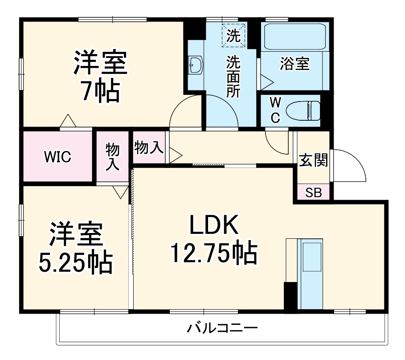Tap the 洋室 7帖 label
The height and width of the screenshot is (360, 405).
(x=100, y=76)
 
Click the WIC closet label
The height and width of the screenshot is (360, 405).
(x=57, y=157)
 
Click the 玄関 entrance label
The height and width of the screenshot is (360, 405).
(x=313, y=160)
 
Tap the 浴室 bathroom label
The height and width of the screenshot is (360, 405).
(x=295, y=63)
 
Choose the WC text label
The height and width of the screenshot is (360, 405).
(x=275, y=110)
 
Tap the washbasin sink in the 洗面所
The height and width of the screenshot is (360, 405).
(x=196, y=66)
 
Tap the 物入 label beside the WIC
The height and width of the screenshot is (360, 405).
(x=112, y=156)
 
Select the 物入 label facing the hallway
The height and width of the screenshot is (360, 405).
(x=149, y=147)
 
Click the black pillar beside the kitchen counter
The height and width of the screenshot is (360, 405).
(x=290, y=296)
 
